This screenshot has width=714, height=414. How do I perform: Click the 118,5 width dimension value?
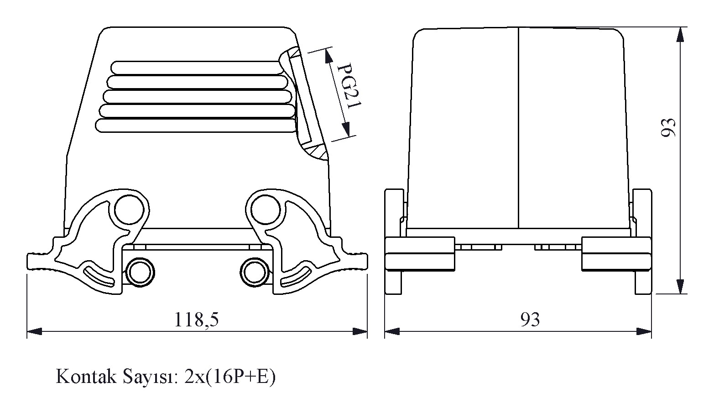(x=197, y=319)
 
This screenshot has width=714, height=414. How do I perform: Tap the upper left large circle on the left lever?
(x=129, y=210)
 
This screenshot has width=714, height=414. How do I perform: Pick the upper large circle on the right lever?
(x=266, y=210)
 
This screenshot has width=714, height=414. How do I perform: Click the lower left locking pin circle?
(x=140, y=273)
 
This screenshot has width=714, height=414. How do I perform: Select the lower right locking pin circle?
(x=255, y=273)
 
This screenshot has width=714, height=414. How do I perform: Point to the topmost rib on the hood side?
(x=197, y=68)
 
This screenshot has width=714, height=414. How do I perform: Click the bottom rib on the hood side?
(x=196, y=126)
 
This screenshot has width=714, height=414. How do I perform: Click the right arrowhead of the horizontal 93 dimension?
(x=644, y=331)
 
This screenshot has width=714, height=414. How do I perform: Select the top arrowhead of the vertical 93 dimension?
(x=680, y=34)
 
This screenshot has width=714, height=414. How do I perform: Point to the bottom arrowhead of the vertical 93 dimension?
(x=680, y=286)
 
